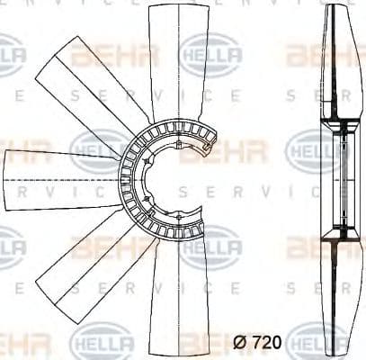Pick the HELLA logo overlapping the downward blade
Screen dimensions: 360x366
pyautogui.click(x=211, y=246)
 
